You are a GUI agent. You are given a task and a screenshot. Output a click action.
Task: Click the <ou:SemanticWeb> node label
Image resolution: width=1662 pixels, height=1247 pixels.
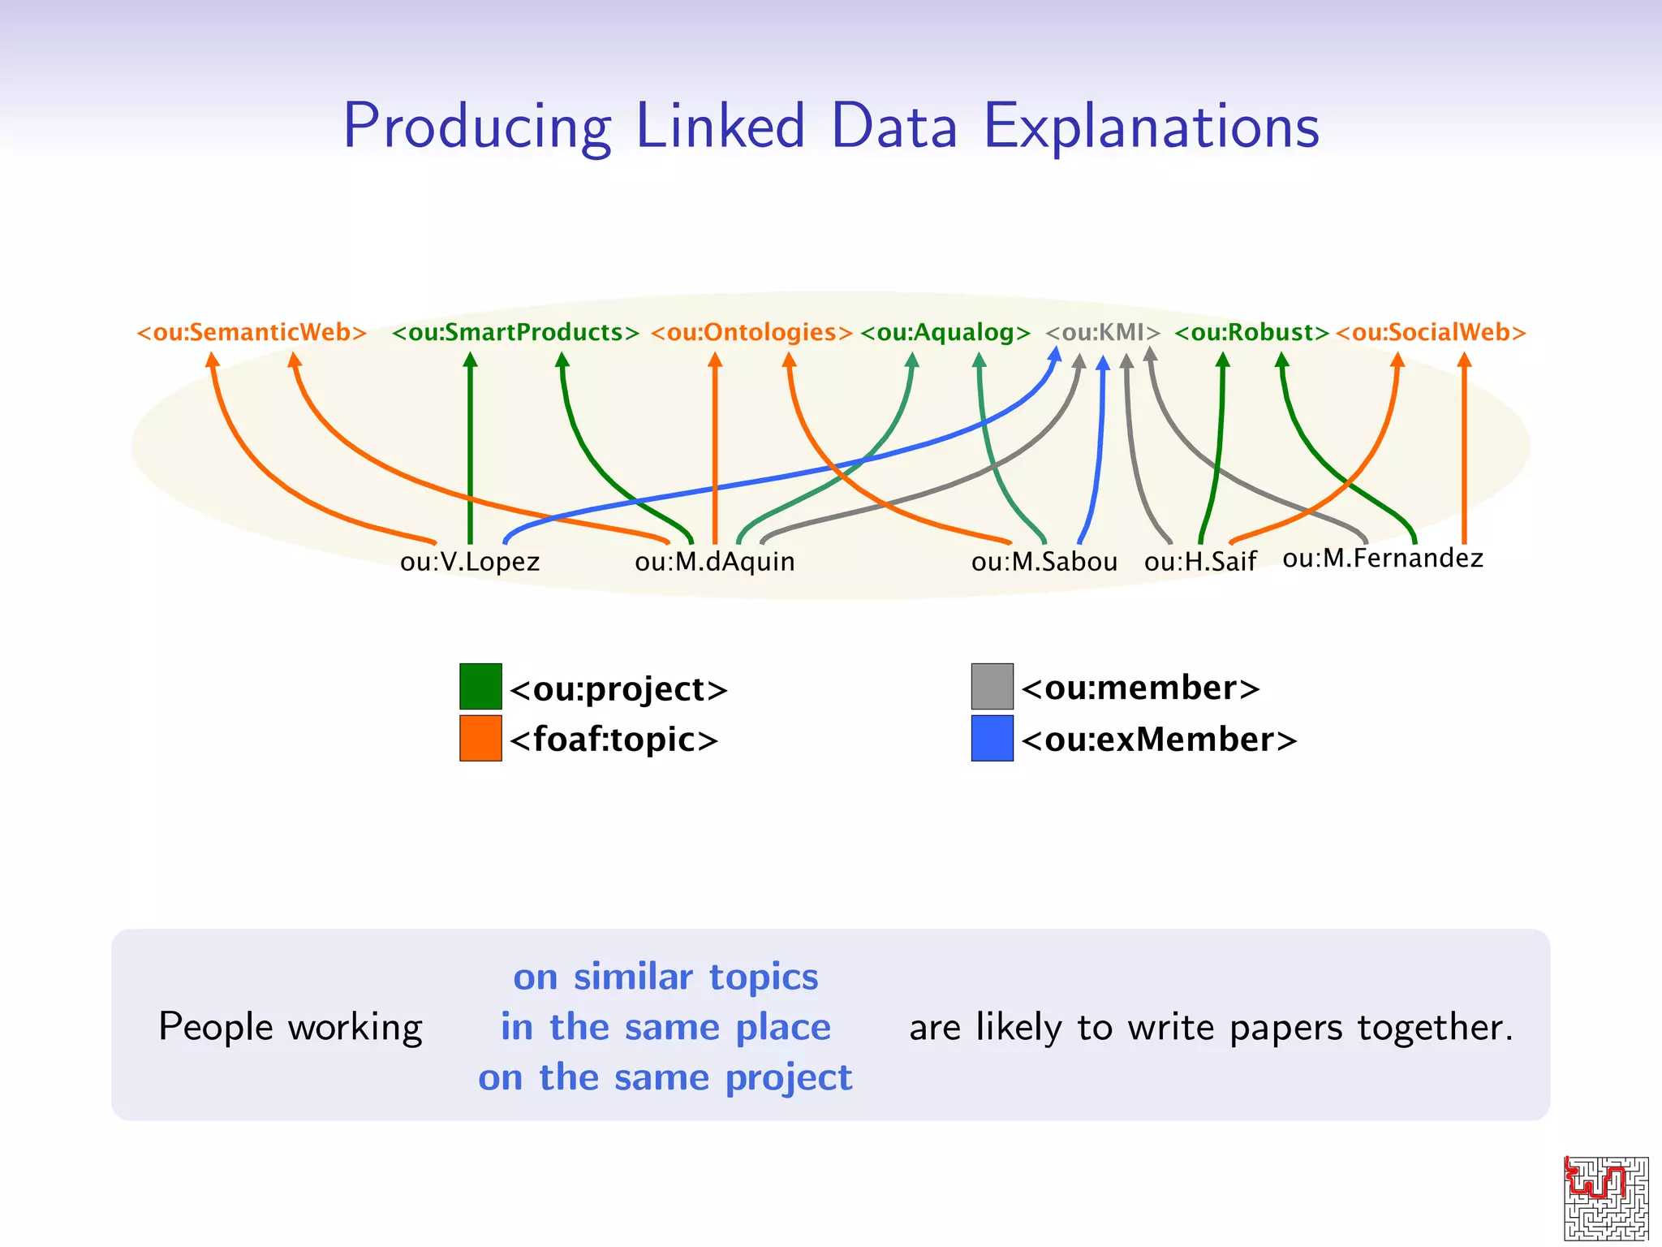[252, 333]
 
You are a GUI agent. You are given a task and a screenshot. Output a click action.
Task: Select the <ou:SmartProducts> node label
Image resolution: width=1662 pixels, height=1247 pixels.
[515, 333]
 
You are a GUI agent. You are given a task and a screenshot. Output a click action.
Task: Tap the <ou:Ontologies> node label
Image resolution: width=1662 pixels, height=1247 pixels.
[751, 333]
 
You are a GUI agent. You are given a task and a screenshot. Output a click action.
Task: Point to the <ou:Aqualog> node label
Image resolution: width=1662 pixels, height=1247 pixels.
[945, 333]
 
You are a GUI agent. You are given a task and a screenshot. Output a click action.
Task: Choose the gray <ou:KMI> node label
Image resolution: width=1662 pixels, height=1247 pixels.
[1103, 333]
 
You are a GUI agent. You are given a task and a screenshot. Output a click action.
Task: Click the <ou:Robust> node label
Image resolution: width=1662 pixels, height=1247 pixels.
[1251, 333]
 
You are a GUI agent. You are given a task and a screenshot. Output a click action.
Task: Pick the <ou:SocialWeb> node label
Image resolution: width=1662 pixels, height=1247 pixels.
[1431, 333]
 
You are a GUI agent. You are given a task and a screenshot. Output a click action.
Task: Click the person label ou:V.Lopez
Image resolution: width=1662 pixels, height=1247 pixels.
[470, 562]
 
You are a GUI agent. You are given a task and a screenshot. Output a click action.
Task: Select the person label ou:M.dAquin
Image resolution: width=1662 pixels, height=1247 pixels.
[714, 562]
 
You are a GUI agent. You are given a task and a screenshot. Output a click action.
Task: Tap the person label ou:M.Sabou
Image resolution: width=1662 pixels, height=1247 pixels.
[1044, 562]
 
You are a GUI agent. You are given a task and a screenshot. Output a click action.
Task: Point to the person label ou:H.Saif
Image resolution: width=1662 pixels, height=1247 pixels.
[1200, 562]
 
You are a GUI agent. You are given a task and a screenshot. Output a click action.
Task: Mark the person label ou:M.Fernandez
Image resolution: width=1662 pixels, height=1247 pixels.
[1383, 559]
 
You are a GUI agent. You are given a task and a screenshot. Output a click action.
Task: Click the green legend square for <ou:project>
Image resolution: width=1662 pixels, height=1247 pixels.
[480, 687]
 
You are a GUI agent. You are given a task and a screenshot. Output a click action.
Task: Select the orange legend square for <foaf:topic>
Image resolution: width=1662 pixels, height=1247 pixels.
[480, 738]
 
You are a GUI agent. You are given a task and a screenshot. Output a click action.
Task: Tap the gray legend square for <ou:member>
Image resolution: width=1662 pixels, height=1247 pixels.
[992, 687]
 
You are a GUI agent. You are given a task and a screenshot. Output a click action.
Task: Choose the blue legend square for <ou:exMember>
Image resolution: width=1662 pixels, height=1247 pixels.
[992, 738]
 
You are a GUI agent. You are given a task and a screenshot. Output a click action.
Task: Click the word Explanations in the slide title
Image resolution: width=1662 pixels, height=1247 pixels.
[1152, 127]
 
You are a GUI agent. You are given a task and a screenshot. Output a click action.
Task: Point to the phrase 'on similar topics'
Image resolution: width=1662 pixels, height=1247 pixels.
[665, 977]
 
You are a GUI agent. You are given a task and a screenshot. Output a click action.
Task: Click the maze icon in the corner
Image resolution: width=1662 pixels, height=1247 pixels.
[1606, 1198]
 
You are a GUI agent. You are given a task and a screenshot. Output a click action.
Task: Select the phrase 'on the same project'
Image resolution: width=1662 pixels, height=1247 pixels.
[665, 1078]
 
